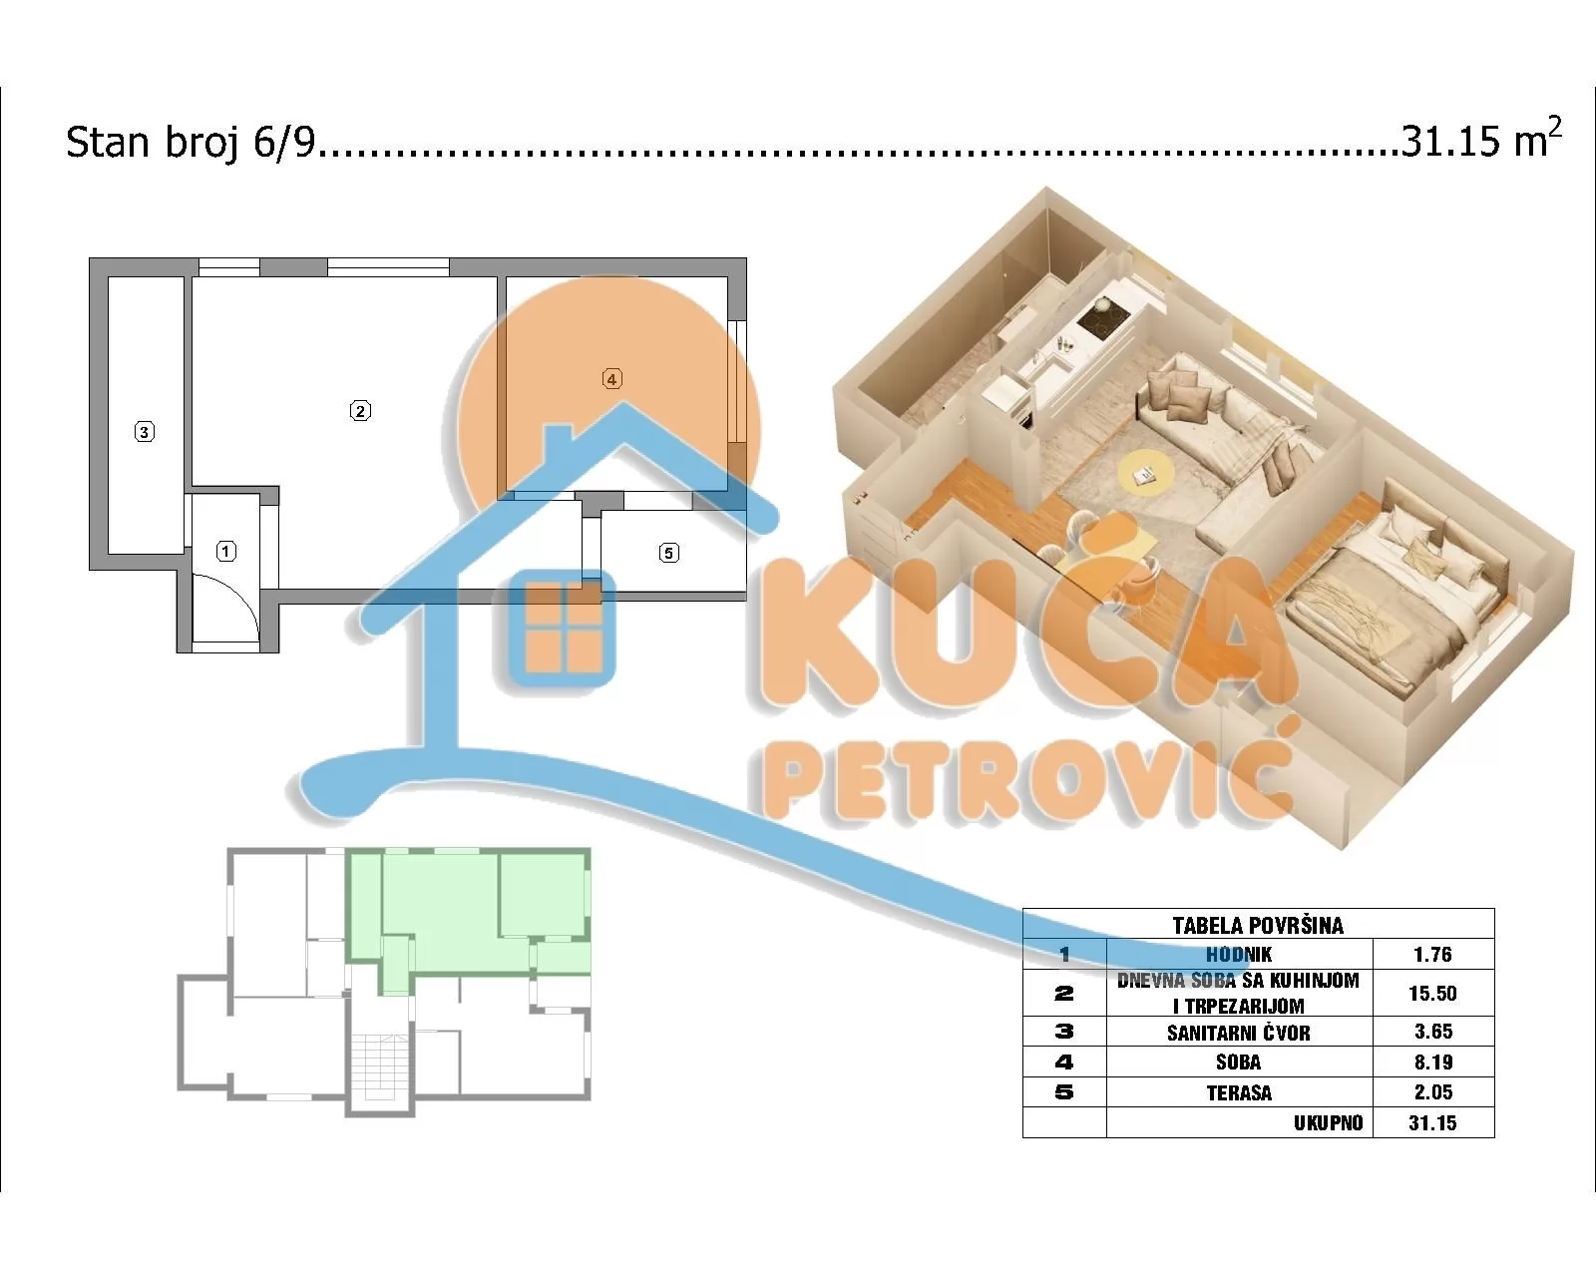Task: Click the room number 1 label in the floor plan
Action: tap(226, 551)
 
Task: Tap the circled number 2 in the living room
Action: tap(360, 410)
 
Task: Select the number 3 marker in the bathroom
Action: tap(145, 432)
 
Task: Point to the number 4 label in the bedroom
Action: tap(612, 378)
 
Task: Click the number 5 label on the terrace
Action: tap(669, 553)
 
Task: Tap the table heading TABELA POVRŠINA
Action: tap(1258, 925)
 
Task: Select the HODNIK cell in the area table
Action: tap(1239, 955)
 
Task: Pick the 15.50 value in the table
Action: tap(1433, 994)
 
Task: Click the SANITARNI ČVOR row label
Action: tap(1239, 1033)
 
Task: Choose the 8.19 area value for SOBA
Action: tap(1433, 1063)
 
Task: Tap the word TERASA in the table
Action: tap(1239, 1093)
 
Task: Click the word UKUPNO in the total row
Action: tap(1329, 1123)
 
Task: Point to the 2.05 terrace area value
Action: tap(1433, 1093)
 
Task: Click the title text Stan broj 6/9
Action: tap(191, 143)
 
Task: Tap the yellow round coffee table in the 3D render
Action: tap(1143, 473)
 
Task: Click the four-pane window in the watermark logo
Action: tap(563, 626)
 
